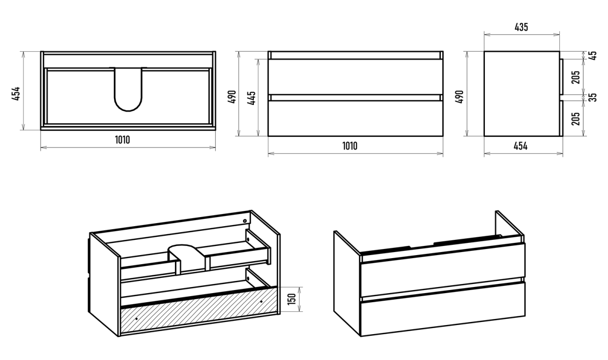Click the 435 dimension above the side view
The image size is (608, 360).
coord(521,27)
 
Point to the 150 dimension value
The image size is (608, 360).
coord(292,300)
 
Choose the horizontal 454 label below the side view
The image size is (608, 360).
coord(521,147)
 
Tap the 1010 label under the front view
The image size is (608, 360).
coord(350,147)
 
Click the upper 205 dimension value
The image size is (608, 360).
coord(576,77)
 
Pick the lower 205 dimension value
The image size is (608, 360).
coord(576,119)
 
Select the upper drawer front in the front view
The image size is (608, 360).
coord(355,77)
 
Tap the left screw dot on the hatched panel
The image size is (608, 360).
coord(137,318)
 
